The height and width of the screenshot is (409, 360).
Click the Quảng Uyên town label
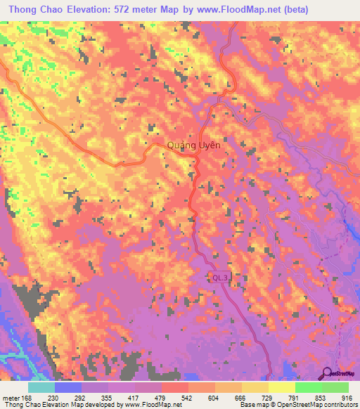[194, 145]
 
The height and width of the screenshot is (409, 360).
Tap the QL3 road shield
[221, 278]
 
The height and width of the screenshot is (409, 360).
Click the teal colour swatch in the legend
[41, 387]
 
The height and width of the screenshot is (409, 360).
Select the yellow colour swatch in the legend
[281, 387]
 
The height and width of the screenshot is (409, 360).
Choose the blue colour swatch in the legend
[67, 387]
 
